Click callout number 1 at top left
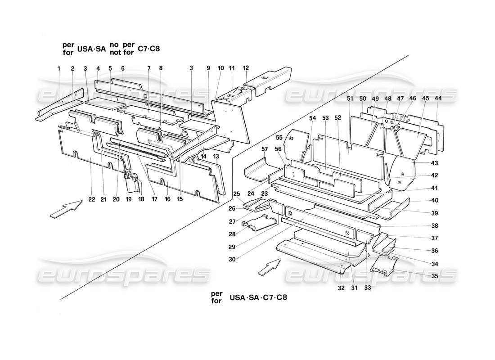pyautogui.click(x=58, y=68)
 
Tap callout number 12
pyautogui.click(x=246, y=68)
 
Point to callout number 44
pyautogui.click(x=438, y=99)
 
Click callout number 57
pyautogui.click(x=265, y=149)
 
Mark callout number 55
pyautogui.click(x=279, y=137)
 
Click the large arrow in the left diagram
pyautogui.click(x=66, y=209)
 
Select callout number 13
pyautogui.click(x=216, y=156)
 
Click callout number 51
pyautogui.click(x=350, y=99)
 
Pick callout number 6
pyautogui.click(x=122, y=68)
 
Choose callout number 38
pyautogui.click(x=421, y=225)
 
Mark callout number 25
pyautogui.click(x=236, y=193)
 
